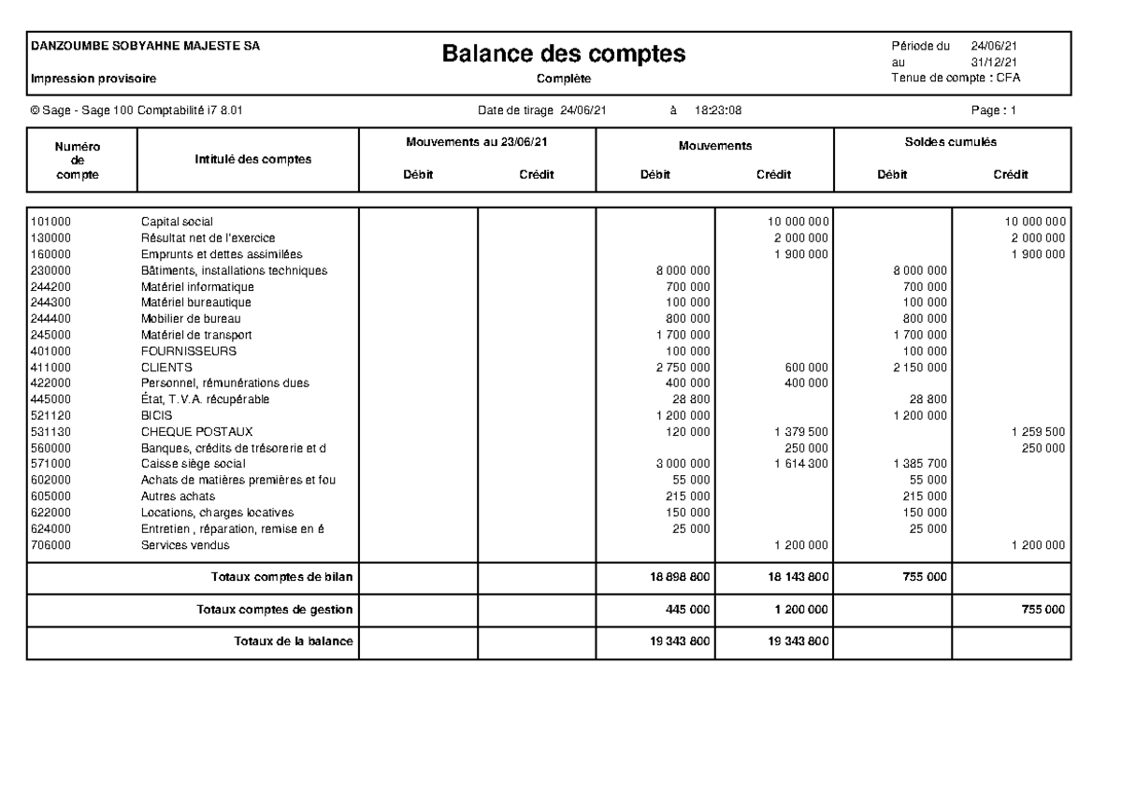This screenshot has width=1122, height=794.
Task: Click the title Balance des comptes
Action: coord(564,53)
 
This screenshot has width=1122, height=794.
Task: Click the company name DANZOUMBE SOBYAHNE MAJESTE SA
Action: coord(146,45)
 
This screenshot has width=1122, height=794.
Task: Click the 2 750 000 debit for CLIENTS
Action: coord(683,368)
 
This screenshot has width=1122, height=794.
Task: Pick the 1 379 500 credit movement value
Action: coord(801,431)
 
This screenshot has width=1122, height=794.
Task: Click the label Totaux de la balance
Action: coord(293,642)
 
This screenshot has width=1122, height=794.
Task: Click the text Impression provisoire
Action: coord(93,79)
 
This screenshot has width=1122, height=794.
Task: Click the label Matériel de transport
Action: coord(196,335)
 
